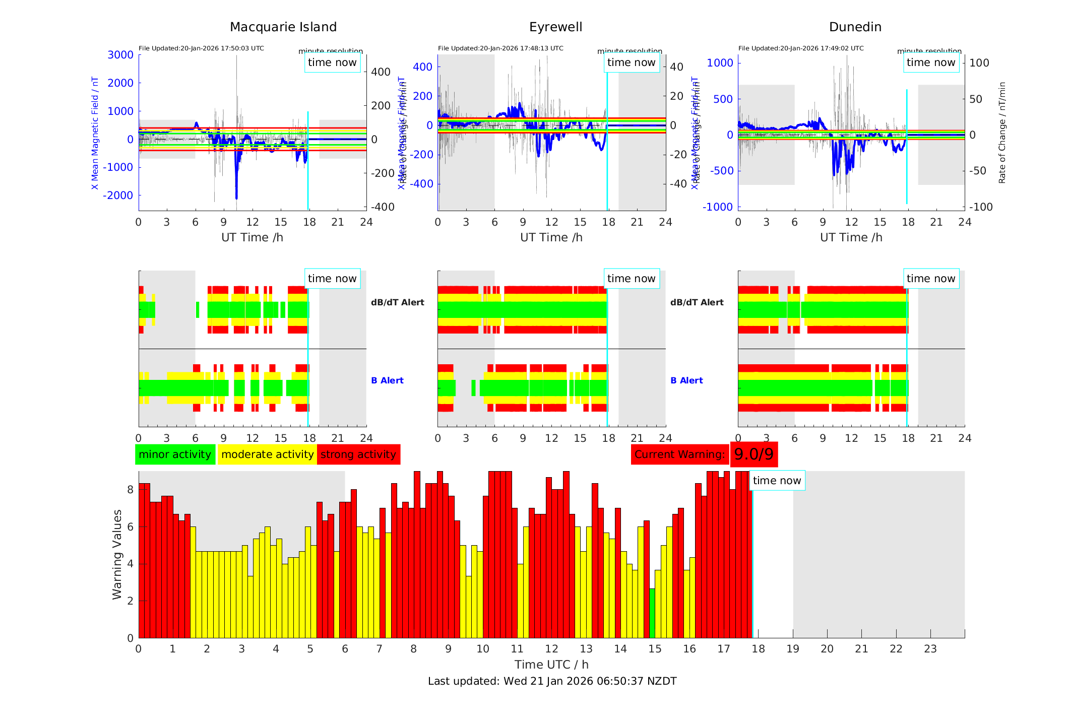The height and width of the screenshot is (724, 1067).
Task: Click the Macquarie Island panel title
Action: click(283, 27)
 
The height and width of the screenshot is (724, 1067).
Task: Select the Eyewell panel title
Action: click(555, 27)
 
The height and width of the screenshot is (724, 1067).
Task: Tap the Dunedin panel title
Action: click(855, 27)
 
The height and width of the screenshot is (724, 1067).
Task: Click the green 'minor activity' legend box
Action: click(175, 454)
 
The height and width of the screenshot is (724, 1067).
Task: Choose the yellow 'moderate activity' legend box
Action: click(267, 454)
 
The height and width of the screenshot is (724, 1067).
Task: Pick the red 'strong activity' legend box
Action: click(358, 454)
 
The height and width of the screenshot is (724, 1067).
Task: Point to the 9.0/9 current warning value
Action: click(754, 454)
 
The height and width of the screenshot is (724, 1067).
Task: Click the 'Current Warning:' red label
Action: click(679, 454)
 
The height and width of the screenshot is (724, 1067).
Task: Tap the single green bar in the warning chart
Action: click(652, 613)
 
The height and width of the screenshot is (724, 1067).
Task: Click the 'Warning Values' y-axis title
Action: click(117, 554)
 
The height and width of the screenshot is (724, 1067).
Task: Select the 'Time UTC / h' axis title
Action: click(551, 665)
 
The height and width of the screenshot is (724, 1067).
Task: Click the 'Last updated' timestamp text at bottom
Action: click(552, 681)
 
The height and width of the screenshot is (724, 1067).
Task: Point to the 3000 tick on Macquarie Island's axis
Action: click(120, 55)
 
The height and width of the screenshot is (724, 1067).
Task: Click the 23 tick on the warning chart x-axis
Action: click(930, 649)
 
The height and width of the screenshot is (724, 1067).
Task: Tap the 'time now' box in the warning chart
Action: click(777, 481)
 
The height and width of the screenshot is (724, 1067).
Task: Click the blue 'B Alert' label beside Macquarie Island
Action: click(387, 380)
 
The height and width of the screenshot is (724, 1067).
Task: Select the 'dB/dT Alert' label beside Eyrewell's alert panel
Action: click(697, 302)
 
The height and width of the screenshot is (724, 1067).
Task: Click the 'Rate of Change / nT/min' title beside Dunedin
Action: click(1002, 133)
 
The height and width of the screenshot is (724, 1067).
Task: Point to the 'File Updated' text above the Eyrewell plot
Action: click(500, 48)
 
